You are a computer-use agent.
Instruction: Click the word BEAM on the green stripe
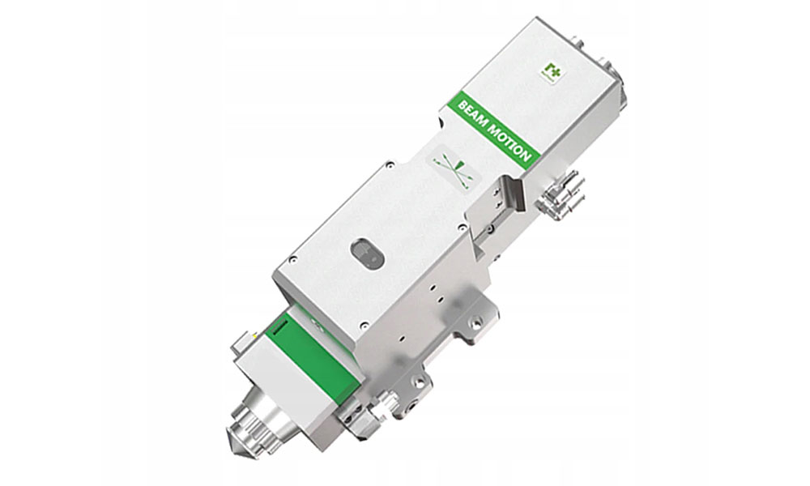[471, 113]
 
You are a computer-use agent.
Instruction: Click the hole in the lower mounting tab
[420, 381]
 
